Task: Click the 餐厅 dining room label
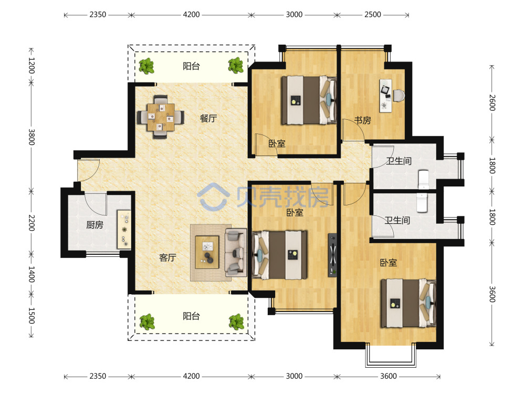208,118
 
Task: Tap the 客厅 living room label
167,257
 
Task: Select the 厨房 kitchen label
94,225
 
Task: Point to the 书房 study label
363,120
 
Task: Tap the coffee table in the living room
207,252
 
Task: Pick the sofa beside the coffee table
236,252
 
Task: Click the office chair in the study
398,96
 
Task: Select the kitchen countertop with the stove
124,230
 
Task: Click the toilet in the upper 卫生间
424,180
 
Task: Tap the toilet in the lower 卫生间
422,203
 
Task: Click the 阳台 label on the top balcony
191,66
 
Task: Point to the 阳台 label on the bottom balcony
191,316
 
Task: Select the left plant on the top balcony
146,66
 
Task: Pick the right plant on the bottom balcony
236,322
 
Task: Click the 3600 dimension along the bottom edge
388,376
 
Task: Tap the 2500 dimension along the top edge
373,14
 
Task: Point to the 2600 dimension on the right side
492,102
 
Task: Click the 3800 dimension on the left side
31,137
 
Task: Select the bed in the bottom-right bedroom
408,303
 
